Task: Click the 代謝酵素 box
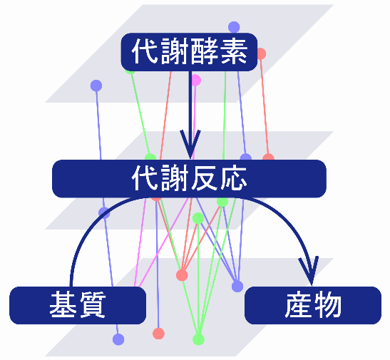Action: click(189, 52)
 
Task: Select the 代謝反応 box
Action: click(189, 179)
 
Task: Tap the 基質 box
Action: click(78, 305)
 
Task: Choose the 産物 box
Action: click(313, 305)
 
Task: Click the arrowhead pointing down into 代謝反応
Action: click(190, 144)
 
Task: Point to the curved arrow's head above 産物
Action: click(309, 271)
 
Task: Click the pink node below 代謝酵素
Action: click(196, 81)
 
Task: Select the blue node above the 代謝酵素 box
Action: click(234, 27)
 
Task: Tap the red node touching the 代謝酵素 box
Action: click(261, 53)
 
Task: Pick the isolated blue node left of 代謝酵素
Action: click(96, 86)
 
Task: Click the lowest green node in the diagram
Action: click(198, 339)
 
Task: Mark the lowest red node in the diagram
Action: click(158, 334)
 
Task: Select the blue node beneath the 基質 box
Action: click(118, 339)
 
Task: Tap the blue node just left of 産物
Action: click(237, 287)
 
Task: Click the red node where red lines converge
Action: click(182, 275)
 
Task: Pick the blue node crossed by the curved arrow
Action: click(104, 212)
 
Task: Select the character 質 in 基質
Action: click(92, 305)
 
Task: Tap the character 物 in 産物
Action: click(327, 305)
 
